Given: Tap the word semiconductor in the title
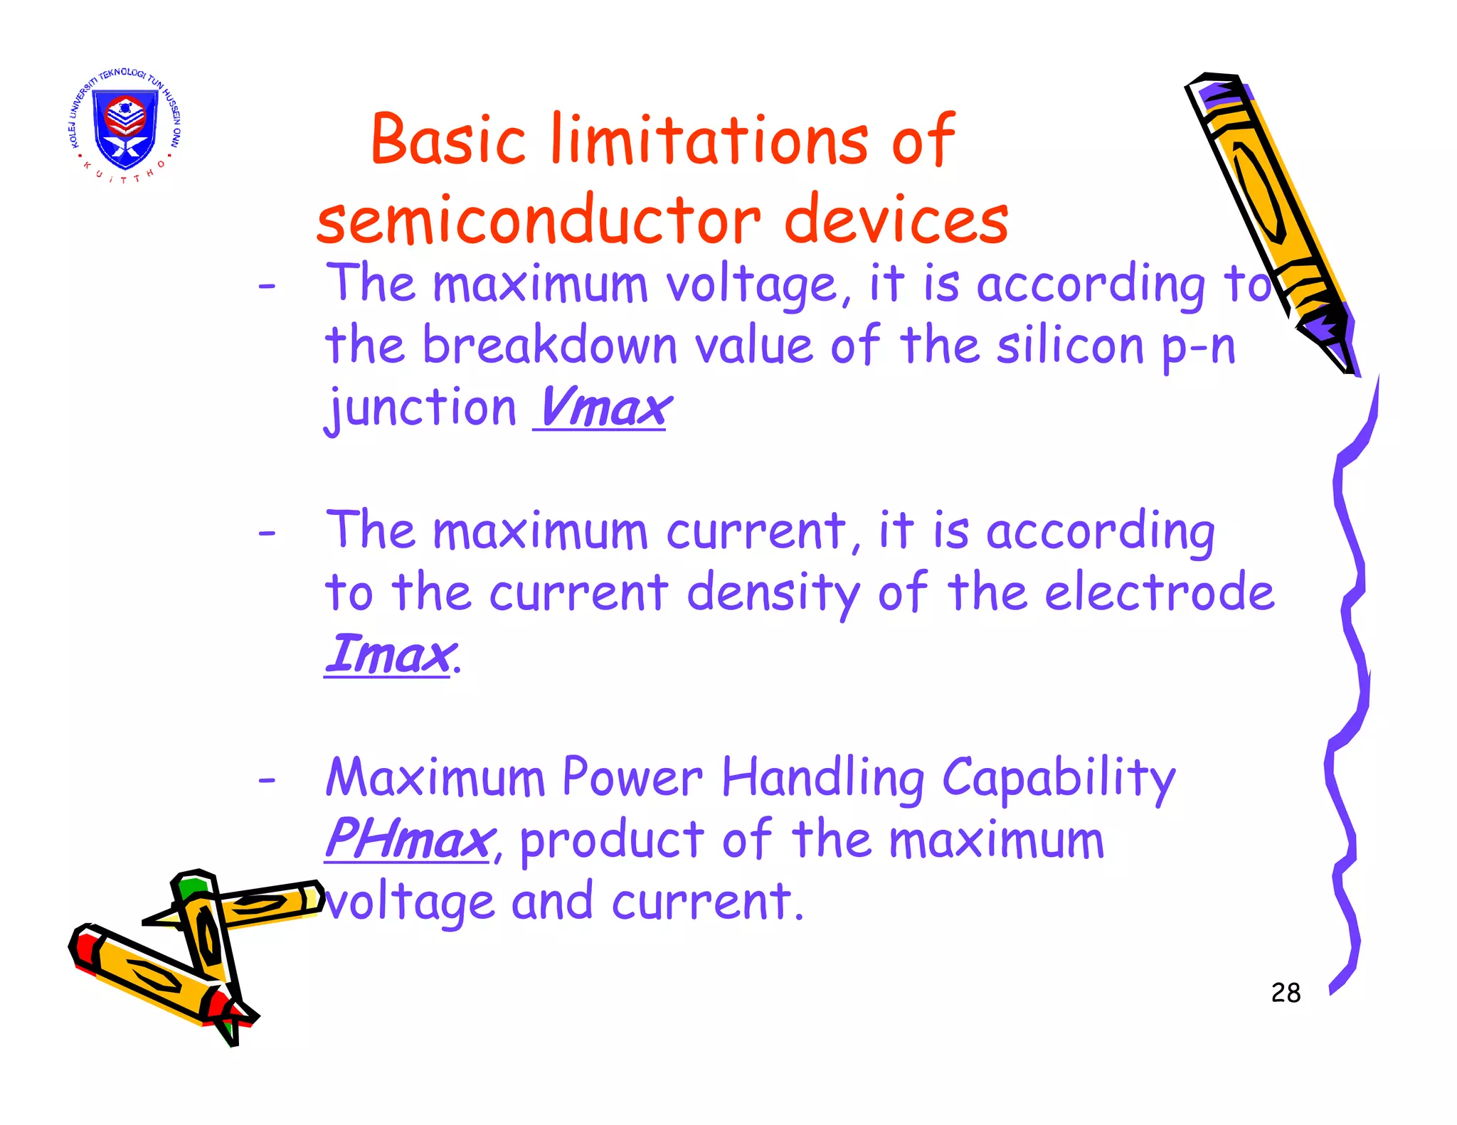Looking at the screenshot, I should pyautogui.click(x=539, y=220).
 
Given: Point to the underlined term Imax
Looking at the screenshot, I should pyautogui.click(x=388, y=655).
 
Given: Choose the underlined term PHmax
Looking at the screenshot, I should pyautogui.click(x=408, y=840).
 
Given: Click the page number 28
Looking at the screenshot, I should pyautogui.click(x=1286, y=993).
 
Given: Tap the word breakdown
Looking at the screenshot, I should pyautogui.click(x=549, y=346).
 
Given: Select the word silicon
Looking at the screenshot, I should pyautogui.click(x=1070, y=346).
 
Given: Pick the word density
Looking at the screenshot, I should pyautogui.click(x=773, y=594).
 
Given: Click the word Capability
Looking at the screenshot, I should pyautogui.click(x=1058, y=779).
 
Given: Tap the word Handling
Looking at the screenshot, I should pyautogui.click(x=823, y=779).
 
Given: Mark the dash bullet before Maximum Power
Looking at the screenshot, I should pyautogui.click(x=267, y=780).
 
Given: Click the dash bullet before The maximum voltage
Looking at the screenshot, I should pyautogui.click(x=267, y=287).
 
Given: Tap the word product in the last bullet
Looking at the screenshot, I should pyautogui.click(x=612, y=841).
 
